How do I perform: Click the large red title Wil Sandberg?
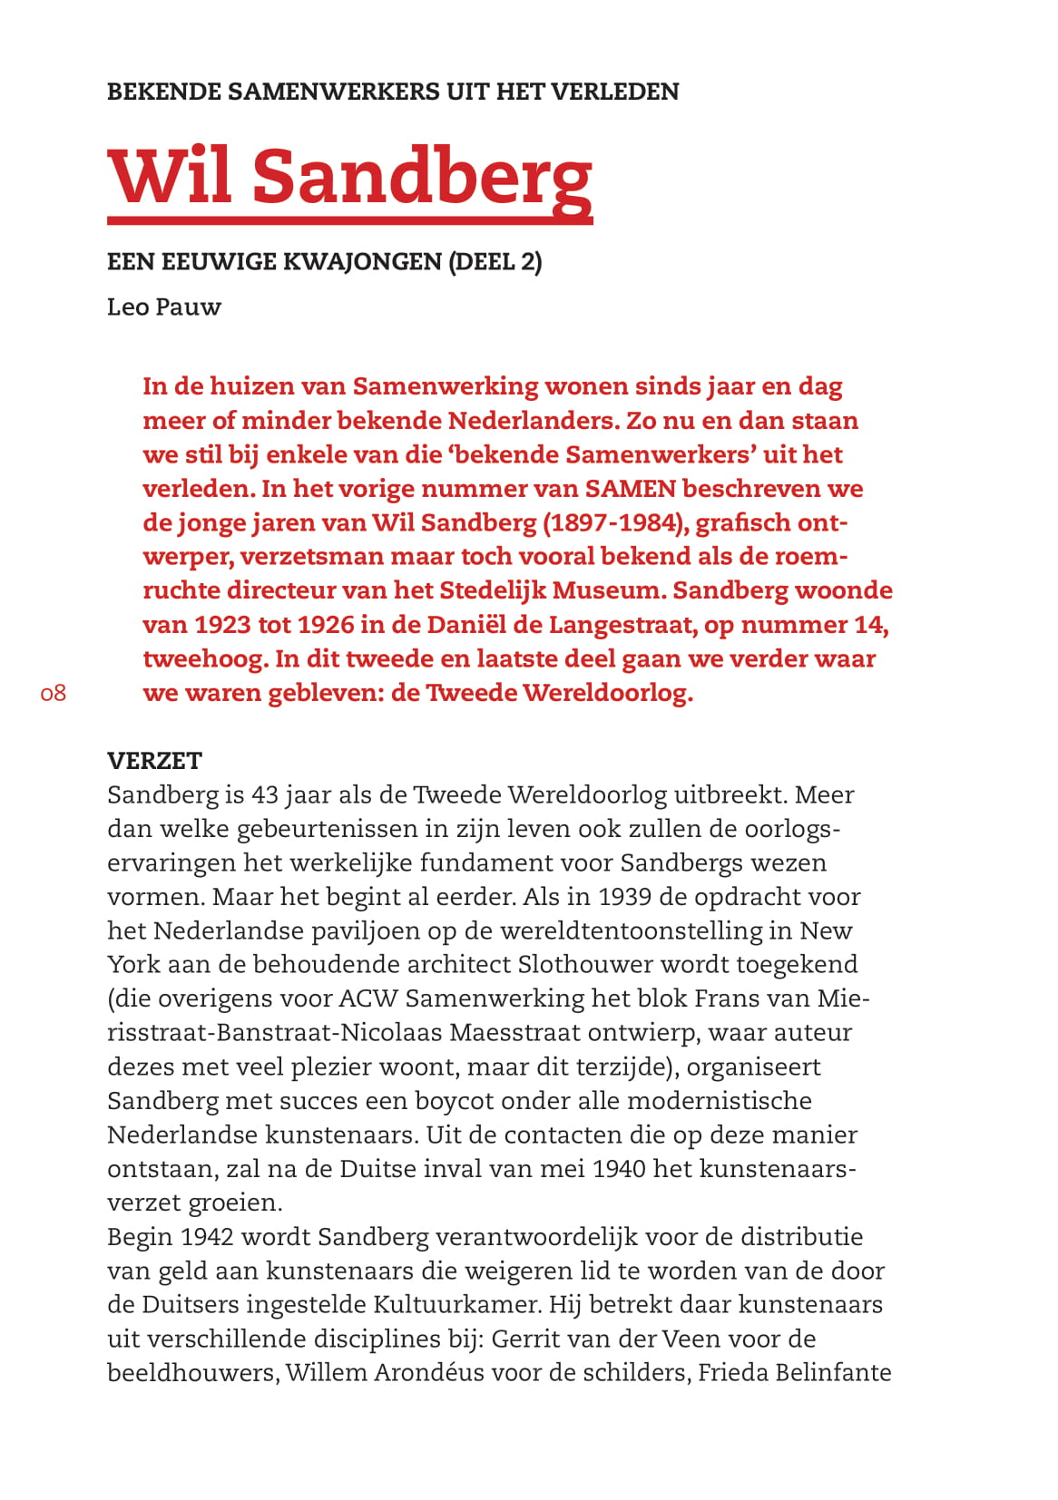pos(349,175)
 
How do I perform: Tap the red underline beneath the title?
pos(349,219)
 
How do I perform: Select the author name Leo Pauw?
pos(164,307)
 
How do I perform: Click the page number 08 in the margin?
pos(54,694)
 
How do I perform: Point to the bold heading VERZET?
pos(154,760)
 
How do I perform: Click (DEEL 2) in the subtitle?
pos(495,262)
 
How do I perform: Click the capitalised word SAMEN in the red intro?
pos(630,489)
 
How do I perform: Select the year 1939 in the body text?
pos(624,897)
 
